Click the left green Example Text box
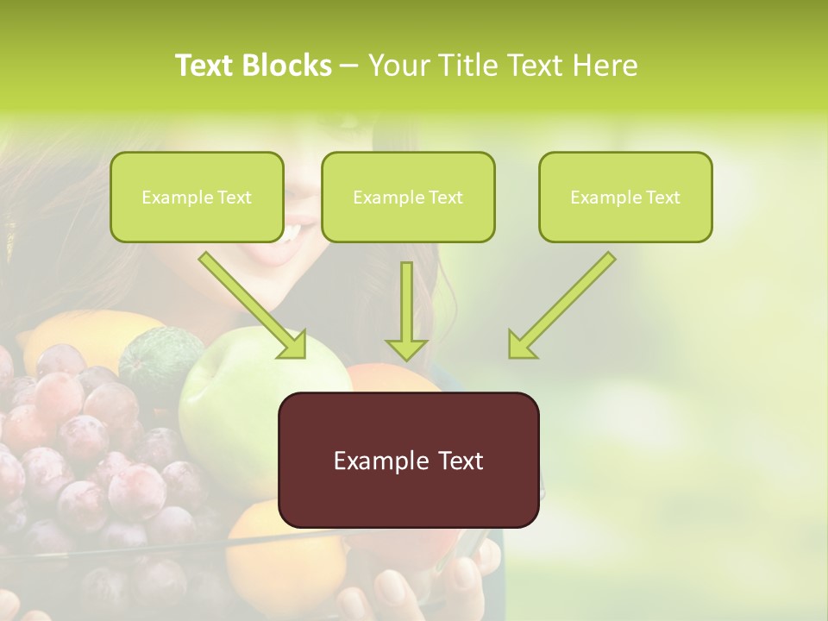(x=197, y=197)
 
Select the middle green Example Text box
(x=408, y=197)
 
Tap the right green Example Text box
(x=625, y=197)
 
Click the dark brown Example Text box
(x=408, y=460)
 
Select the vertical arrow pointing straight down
(x=406, y=310)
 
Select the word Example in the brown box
(x=373, y=461)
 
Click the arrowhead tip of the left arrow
(x=302, y=354)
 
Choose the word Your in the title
(x=398, y=66)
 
